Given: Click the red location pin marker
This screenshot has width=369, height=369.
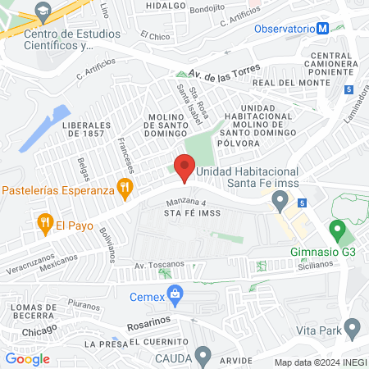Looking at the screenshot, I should [x=184, y=166].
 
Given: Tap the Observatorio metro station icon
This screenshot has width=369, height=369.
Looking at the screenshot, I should [x=323, y=28].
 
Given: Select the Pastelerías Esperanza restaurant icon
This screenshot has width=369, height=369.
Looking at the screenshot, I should [x=125, y=187].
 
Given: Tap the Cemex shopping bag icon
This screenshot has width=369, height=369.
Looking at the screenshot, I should [x=174, y=293].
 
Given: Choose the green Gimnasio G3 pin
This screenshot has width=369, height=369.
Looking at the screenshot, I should [x=335, y=230].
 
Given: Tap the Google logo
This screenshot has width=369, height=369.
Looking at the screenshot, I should [x=27, y=358].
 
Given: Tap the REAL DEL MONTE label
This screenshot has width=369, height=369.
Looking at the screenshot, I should [x=285, y=84].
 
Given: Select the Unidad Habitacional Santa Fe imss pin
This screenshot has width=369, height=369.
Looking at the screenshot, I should [x=281, y=198].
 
